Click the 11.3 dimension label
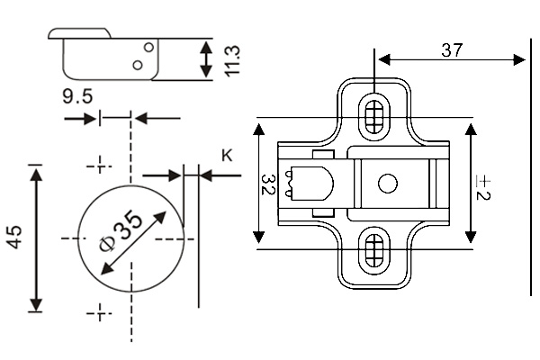(x=231, y=61)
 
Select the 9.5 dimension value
(x=77, y=96)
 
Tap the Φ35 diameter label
(x=121, y=230)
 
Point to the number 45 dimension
(x=14, y=237)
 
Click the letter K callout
(x=227, y=156)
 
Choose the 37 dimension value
(x=452, y=50)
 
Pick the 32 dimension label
(x=268, y=184)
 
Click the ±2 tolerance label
(x=482, y=187)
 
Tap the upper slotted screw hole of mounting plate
(x=374, y=116)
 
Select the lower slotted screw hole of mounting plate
(x=374, y=251)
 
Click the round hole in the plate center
(x=387, y=184)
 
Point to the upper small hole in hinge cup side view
(x=148, y=47)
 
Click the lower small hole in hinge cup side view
(x=138, y=65)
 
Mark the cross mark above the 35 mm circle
(x=100, y=166)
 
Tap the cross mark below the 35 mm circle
(x=100, y=313)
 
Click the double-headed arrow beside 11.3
(x=206, y=58)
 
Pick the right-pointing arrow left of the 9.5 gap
(x=80, y=119)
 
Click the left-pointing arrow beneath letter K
(x=220, y=175)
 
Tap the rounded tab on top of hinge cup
(x=79, y=33)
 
